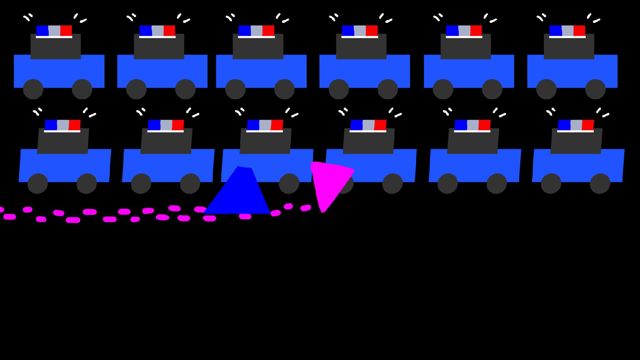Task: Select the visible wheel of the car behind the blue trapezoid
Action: (289, 184)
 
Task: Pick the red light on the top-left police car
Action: (66, 30)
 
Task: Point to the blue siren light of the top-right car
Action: (555, 30)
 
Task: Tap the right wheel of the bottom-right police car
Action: (600, 184)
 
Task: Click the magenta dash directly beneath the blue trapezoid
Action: (245, 217)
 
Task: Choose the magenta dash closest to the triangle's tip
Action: (306, 208)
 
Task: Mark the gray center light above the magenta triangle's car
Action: (368, 125)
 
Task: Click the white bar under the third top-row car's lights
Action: (256, 37)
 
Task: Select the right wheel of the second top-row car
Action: (185, 89)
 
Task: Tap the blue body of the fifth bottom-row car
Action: (475, 165)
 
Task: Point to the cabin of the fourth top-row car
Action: (361, 46)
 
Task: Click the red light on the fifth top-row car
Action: (476, 30)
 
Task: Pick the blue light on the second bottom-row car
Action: (154, 125)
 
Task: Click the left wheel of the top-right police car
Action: (546, 89)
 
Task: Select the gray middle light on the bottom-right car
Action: (576, 125)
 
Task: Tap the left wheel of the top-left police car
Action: (33, 89)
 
